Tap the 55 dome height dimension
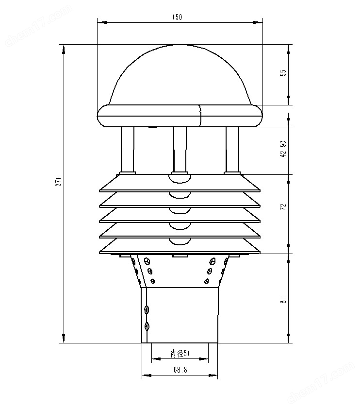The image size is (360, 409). (x=283, y=73)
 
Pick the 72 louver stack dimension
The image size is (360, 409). (x=283, y=206)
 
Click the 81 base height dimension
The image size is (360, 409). (x=283, y=301)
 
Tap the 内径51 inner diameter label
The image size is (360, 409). (x=180, y=354)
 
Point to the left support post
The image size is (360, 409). (x=128, y=148)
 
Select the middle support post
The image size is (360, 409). (x=180, y=148)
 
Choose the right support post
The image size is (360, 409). (x=232, y=148)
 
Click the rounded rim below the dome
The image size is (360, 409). (x=180, y=116)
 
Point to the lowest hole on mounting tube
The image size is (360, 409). (x=147, y=326)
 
